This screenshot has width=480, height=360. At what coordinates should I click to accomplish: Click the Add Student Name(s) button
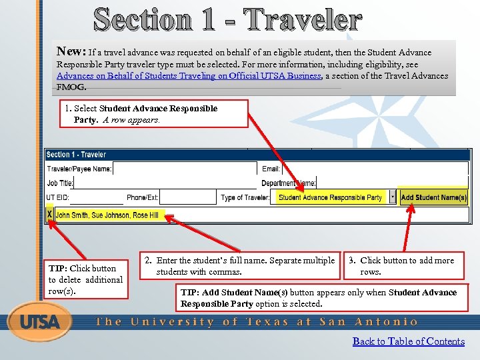(x=433, y=197)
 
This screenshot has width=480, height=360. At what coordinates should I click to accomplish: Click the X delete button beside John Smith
(x=49, y=215)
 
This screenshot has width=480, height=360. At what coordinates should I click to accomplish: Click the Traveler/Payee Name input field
(x=185, y=169)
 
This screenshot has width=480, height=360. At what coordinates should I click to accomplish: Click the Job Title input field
(x=164, y=183)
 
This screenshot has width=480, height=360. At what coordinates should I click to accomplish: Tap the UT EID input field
(x=96, y=197)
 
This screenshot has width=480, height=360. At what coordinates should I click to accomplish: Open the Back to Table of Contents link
(x=408, y=341)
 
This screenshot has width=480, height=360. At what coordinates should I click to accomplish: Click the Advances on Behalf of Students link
(x=189, y=75)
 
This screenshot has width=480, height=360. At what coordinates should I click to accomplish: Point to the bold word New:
(x=70, y=51)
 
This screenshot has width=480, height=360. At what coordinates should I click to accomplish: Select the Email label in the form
(x=271, y=169)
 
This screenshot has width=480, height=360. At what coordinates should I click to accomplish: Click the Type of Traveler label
(x=245, y=197)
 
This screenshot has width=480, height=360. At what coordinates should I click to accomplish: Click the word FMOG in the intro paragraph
(x=71, y=87)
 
